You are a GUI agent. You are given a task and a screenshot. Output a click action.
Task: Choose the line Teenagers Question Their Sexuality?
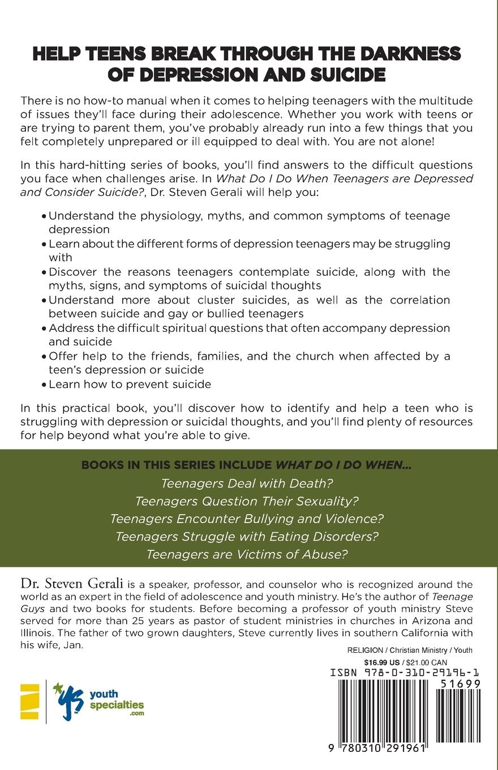247,501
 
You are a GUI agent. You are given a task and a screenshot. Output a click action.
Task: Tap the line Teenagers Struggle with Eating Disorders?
247,536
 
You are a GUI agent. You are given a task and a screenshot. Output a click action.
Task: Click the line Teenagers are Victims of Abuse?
247,554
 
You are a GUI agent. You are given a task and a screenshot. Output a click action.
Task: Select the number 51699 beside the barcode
461,684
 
